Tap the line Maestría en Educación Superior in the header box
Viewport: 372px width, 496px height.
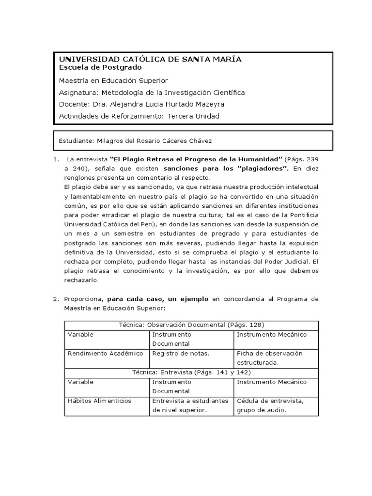point(113,80)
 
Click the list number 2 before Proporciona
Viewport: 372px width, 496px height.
point(55,299)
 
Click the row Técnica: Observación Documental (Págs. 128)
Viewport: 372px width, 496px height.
point(191,325)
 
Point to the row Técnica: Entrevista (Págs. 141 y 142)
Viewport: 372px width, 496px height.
point(191,372)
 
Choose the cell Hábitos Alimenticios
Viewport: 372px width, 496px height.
point(99,401)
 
